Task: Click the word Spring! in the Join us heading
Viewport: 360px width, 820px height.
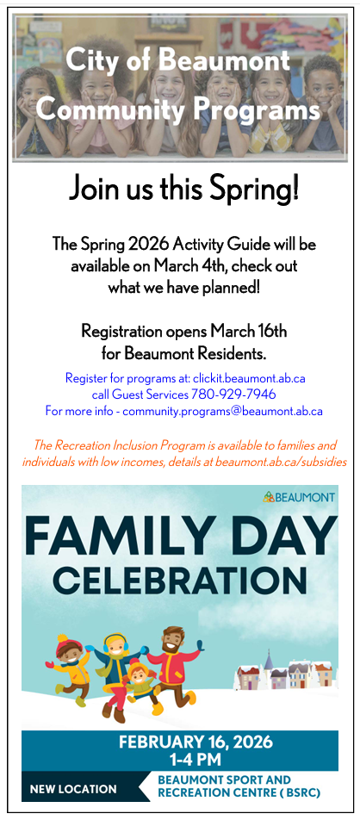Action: [x=255, y=189]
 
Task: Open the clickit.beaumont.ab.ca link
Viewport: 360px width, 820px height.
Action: [x=249, y=377]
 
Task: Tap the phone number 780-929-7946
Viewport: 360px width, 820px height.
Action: [x=233, y=394]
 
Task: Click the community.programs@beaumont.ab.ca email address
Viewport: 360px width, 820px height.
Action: [x=223, y=411]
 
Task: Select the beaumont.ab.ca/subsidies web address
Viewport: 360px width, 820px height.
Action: [x=281, y=463]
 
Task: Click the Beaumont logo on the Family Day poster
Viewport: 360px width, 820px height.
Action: [x=299, y=497]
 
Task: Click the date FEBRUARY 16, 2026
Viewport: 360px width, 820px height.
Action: [x=196, y=742]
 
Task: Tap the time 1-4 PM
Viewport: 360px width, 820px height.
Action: [x=196, y=760]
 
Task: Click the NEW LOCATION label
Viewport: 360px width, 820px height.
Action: [x=73, y=789]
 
